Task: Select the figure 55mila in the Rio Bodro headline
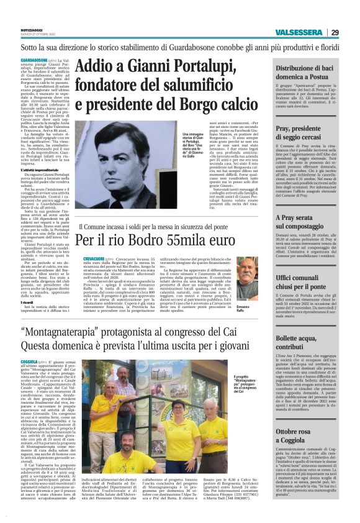(184, 238)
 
